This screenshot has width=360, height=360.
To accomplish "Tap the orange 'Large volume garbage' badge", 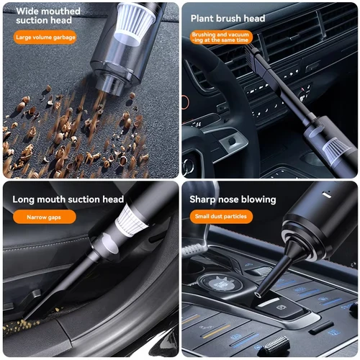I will pos(45,37).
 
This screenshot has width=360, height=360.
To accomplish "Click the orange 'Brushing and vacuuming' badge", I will pos(220,37).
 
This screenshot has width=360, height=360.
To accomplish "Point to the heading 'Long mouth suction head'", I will pos(68,199).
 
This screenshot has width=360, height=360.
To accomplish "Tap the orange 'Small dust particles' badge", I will pos(221,216).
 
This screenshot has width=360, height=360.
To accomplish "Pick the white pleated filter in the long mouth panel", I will pos(132,220).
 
